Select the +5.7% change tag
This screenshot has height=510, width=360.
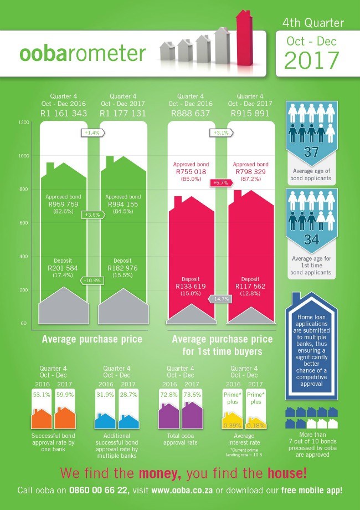pos(220,182)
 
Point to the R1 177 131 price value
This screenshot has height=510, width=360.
pos(122,114)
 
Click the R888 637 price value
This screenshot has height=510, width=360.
pos(191,114)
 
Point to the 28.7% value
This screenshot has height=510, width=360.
pos(128,395)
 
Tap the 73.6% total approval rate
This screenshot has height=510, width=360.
pos(193,395)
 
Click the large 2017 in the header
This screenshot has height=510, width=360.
pos(312,59)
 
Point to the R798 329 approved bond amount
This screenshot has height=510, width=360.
pos(251,172)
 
